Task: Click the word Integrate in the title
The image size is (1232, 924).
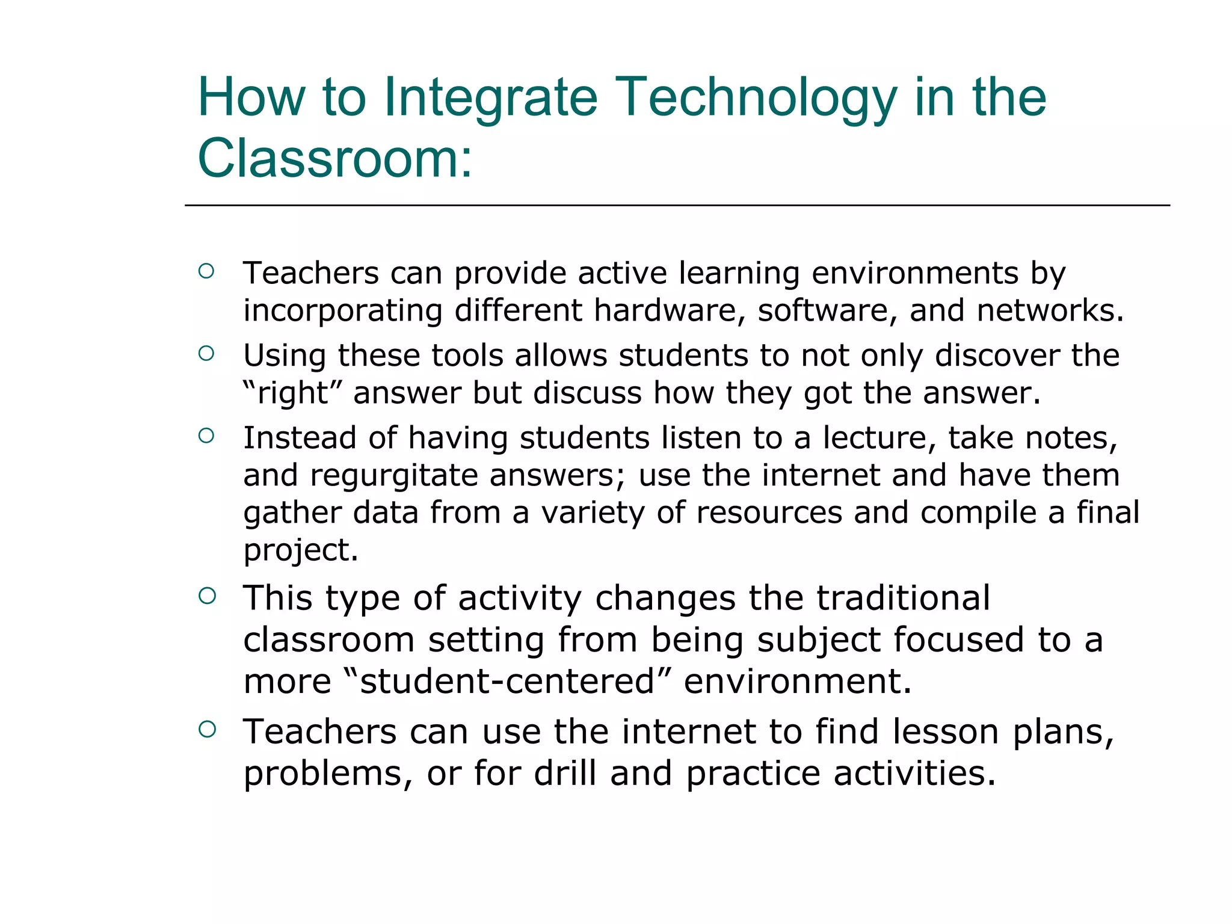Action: point(490,98)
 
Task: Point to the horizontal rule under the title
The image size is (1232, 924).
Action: point(677,206)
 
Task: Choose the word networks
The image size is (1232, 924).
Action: point(1050,310)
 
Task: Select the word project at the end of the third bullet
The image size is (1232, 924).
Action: point(300,550)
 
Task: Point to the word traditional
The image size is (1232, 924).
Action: point(903,599)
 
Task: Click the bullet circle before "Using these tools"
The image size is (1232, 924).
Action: point(206,354)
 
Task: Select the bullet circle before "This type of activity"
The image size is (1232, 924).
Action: point(206,596)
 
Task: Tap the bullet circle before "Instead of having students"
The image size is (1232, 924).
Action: point(206,436)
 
